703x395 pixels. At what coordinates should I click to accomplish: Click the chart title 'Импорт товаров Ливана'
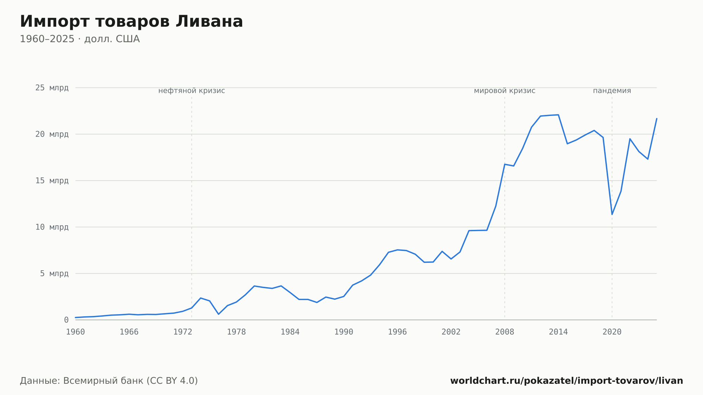click(131, 21)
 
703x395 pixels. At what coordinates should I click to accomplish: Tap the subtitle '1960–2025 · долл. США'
click(80, 39)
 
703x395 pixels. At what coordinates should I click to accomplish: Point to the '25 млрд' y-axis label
click(52, 88)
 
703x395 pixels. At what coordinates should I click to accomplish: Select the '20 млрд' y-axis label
click(52, 134)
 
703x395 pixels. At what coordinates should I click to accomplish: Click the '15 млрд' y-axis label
click(52, 181)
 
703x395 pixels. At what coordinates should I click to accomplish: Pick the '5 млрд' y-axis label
click(54, 273)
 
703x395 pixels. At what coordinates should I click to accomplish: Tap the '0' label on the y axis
click(66, 320)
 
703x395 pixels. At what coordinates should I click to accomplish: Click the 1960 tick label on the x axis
click(76, 332)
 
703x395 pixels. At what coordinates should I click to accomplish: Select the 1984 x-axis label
click(290, 332)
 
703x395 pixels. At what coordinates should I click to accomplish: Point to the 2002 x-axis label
click(451, 332)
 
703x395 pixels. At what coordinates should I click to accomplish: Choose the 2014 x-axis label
click(558, 332)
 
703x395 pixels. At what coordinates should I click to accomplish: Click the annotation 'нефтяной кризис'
click(192, 91)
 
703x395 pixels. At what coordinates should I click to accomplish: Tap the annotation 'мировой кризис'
click(505, 91)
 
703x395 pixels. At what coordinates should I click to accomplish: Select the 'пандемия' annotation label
click(612, 91)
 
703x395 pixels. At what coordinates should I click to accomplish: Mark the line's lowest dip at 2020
click(612, 214)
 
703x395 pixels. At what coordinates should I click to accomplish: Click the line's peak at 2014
click(558, 115)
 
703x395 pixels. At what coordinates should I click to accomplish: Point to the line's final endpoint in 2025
click(657, 118)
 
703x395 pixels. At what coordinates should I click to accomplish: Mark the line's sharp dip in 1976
click(219, 314)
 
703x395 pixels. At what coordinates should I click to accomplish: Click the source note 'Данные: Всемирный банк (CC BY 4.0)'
click(109, 381)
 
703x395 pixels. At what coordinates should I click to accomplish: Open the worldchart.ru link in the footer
click(567, 381)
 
